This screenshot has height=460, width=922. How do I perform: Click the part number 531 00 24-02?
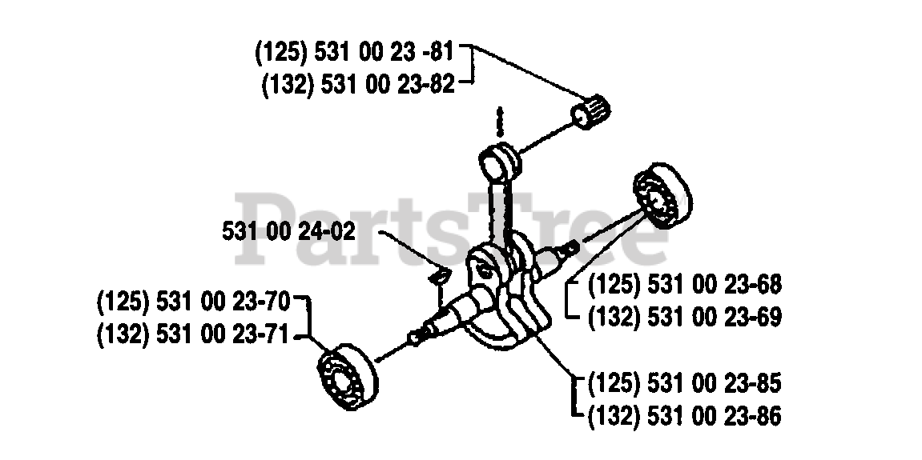click(x=288, y=232)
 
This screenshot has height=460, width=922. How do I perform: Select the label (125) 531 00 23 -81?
click(x=355, y=53)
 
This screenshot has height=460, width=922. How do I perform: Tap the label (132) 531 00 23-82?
click(x=358, y=84)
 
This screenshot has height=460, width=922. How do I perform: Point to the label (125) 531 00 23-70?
click(x=195, y=304)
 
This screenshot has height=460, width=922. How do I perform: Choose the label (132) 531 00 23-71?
click(x=195, y=335)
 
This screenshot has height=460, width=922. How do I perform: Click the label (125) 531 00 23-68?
click(x=684, y=285)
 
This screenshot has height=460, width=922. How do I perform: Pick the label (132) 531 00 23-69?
click(x=684, y=316)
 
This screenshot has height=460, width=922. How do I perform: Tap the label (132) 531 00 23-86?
click(x=684, y=416)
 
